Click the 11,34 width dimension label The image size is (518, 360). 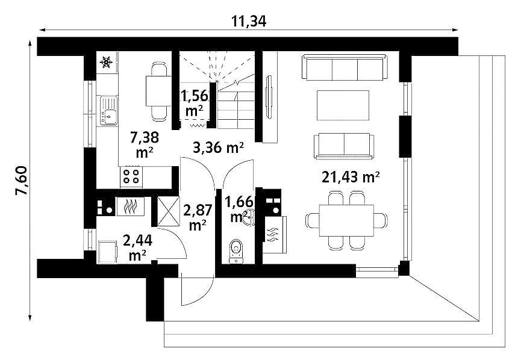pyautogui.click(x=248, y=22)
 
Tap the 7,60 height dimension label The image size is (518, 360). pyautogui.click(x=22, y=181)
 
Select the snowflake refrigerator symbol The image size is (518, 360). pyautogui.click(x=106, y=62)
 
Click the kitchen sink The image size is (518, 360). pyautogui.click(x=108, y=111)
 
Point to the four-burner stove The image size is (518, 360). pyautogui.click(x=131, y=176)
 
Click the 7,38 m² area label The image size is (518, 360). pyautogui.click(x=145, y=144)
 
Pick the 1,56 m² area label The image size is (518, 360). pyautogui.click(x=194, y=103)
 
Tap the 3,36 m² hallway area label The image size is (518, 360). pyautogui.click(x=219, y=147)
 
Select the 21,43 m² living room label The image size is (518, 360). pyautogui.click(x=351, y=177)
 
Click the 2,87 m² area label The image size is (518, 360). pyautogui.click(x=198, y=217)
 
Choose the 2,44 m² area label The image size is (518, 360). pyautogui.click(x=137, y=247)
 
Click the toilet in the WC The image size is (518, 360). pyautogui.click(x=236, y=250)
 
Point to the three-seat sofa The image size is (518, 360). pyautogui.click(x=345, y=67)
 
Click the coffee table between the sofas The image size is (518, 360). pyautogui.click(x=343, y=105)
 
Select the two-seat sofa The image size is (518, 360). pyautogui.click(x=344, y=146)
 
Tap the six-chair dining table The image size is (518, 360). pyautogui.click(x=346, y=220)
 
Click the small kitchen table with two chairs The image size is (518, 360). pyautogui.click(x=159, y=91)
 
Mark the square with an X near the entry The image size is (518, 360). pyautogui.click(x=168, y=211)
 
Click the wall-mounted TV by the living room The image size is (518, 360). pyautogui.click(x=269, y=97)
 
